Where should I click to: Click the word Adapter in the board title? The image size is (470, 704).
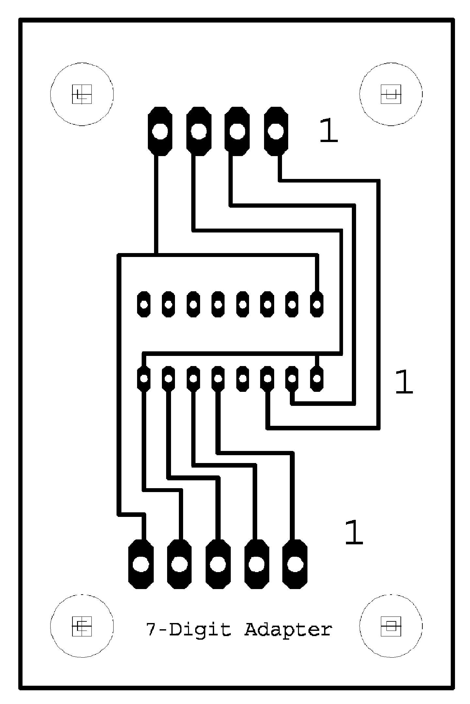[288, 629]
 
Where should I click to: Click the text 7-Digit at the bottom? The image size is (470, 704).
[188, 629]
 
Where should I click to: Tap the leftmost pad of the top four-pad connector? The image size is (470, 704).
[160, 131]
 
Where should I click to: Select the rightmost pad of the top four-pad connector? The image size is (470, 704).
[276, 131]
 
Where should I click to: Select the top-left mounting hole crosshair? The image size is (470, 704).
[82, 94]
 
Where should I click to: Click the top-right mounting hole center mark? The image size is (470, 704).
[391, 94]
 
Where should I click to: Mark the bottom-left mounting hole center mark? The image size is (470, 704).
[82, 626]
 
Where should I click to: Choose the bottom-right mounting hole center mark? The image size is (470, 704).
[391, 626]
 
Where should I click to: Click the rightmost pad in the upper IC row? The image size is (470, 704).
[317, 305]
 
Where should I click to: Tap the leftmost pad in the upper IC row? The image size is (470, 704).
[144, 305]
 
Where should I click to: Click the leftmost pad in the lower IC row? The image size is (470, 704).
[144, 378]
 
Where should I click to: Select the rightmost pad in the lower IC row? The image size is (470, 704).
[317, 378]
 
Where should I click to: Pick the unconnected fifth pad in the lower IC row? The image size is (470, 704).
[243, 378]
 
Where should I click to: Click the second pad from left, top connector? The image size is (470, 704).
[198, 131]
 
